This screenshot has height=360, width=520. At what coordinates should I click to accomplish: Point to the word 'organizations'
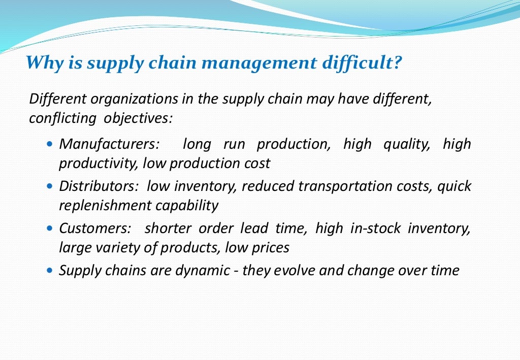pyautogui.click(x=133, y=99)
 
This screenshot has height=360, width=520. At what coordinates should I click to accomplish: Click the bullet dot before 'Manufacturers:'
pyautogui.click(x=49, y=145)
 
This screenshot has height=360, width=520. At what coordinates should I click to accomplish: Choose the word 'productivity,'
pyautogui.click(x=99, y=163)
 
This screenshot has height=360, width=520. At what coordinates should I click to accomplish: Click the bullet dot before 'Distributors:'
pyautogui.click(x=49, y=186)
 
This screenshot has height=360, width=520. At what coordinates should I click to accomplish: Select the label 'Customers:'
pyautogui.click(x=95, y=228)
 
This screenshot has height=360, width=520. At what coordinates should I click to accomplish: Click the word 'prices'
pyautogui.click(x=273, y=248)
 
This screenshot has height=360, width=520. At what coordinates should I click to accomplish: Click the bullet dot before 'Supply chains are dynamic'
pyautogui.click(x=49, y=271)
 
